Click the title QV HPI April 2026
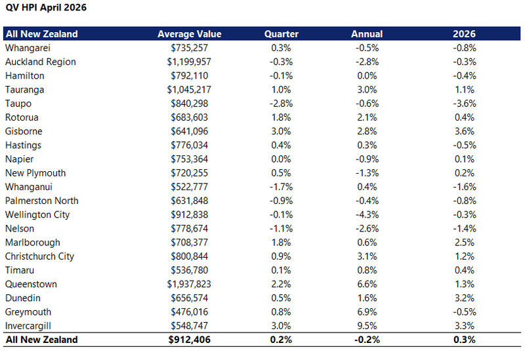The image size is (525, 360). point(46,7)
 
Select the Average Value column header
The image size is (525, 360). point(190,34)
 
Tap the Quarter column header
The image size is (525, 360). point(282,34)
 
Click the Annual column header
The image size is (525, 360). point(367,34)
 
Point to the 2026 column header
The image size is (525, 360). point(465,34)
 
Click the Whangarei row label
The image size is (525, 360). point(28,48)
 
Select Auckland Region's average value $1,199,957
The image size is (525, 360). point(189,62)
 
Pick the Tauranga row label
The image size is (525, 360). point(25,90)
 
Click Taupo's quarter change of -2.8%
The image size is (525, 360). point(282,104)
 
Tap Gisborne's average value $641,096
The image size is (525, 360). point(190,131)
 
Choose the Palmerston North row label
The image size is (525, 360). point(42,201)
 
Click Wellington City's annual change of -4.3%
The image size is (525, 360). point(367,214)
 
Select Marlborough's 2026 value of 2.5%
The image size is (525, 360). point(465,242)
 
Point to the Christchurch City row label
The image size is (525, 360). point(39,256)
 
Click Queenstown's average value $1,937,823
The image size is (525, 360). point(189,284)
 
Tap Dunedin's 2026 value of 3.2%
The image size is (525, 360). point(465,298)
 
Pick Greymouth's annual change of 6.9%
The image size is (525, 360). point(367,312)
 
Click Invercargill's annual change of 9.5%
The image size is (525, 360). point(367,325)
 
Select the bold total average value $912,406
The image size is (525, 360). point(190,340)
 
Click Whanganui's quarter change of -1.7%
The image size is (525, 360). point(282,187)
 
